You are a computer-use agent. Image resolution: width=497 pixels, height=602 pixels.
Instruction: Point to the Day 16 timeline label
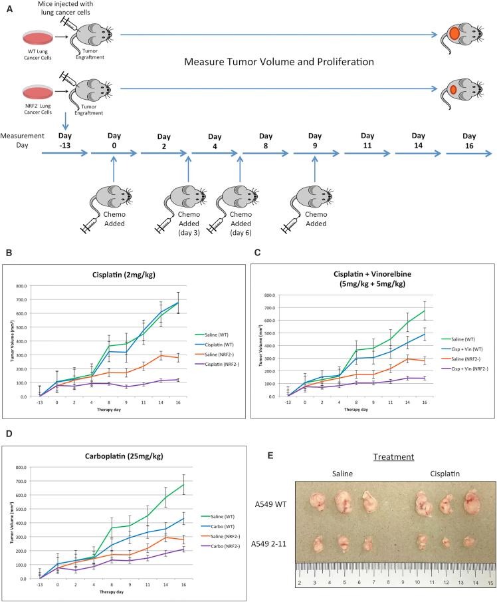tap(470, 140)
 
